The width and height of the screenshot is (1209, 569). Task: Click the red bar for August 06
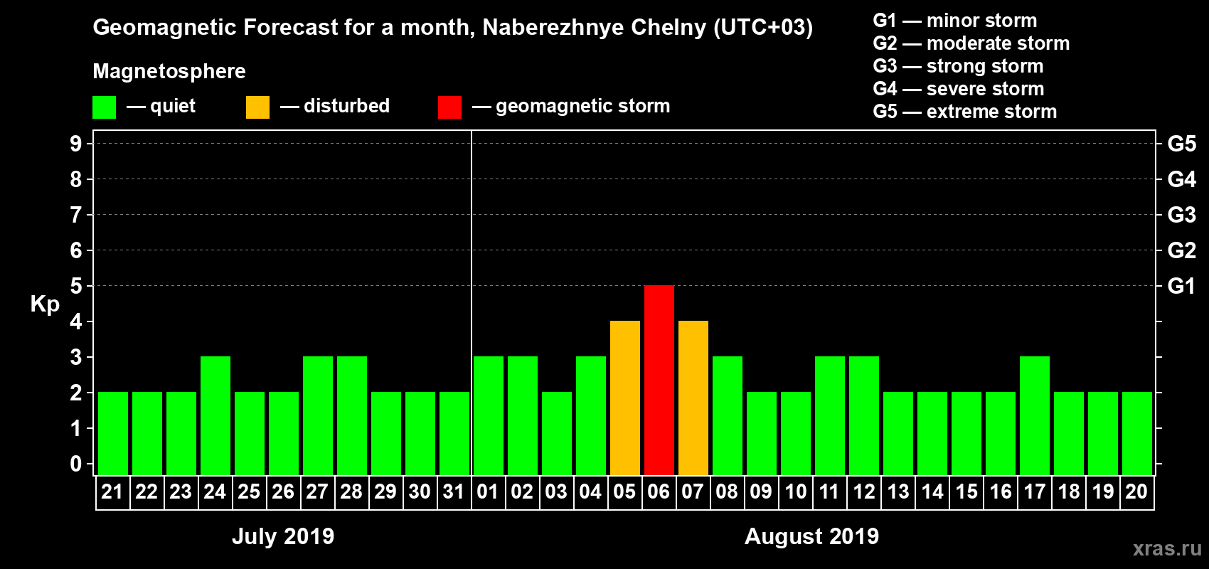(x=659, y=380)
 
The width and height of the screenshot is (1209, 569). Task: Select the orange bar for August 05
(x=625, y=398)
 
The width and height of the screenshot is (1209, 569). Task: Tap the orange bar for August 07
(x=693, y=398)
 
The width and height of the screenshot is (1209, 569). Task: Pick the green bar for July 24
(x=215, y=415)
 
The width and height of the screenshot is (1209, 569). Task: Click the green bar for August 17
(x=1035, y=415)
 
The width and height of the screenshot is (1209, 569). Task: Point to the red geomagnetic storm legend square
(x=449, y=107)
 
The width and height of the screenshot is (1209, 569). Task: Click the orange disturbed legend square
(x=257, y=107)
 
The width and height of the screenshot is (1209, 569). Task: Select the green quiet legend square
(x=104, y=107)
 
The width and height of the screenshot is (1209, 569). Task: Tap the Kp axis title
(x=45, y=304)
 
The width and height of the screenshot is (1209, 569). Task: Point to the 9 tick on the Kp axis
(x=75, y=144)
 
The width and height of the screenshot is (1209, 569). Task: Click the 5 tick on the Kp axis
(x=75, y=286)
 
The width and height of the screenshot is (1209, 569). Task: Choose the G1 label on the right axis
(x=1181, y=286)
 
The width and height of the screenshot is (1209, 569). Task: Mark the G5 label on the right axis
(x=1181, y=144)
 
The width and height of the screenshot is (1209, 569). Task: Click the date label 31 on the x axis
(x=454, y=491)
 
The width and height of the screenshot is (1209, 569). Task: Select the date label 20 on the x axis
(x=1136, y=491)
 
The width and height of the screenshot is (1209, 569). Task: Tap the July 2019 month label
(x=283, y=536)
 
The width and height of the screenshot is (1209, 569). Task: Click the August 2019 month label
(x=811, y=536)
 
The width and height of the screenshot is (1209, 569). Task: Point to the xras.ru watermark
(x=1167, y=548)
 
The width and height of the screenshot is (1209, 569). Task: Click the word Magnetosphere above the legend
(x=169, y=71)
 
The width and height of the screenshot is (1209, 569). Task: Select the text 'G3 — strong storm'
(x=958, y=66)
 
